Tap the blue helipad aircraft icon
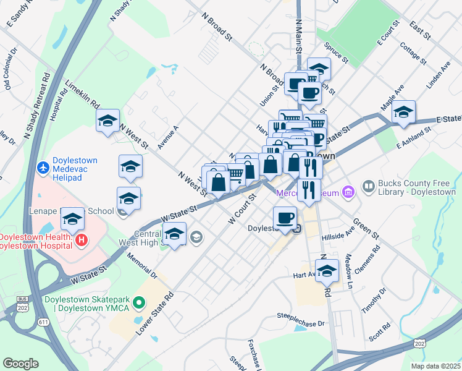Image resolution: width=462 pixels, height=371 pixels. point(42,168)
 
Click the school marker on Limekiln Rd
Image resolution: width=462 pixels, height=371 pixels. point(108,121)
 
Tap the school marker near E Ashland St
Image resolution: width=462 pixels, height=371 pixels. point(404,113)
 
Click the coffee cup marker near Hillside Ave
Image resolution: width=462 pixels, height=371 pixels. point(285,218)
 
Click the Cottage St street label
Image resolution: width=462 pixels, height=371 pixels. point(413,53)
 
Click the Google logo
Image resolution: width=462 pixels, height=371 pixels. point(21,363)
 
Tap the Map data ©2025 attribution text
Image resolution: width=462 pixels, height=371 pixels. point(437,366)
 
